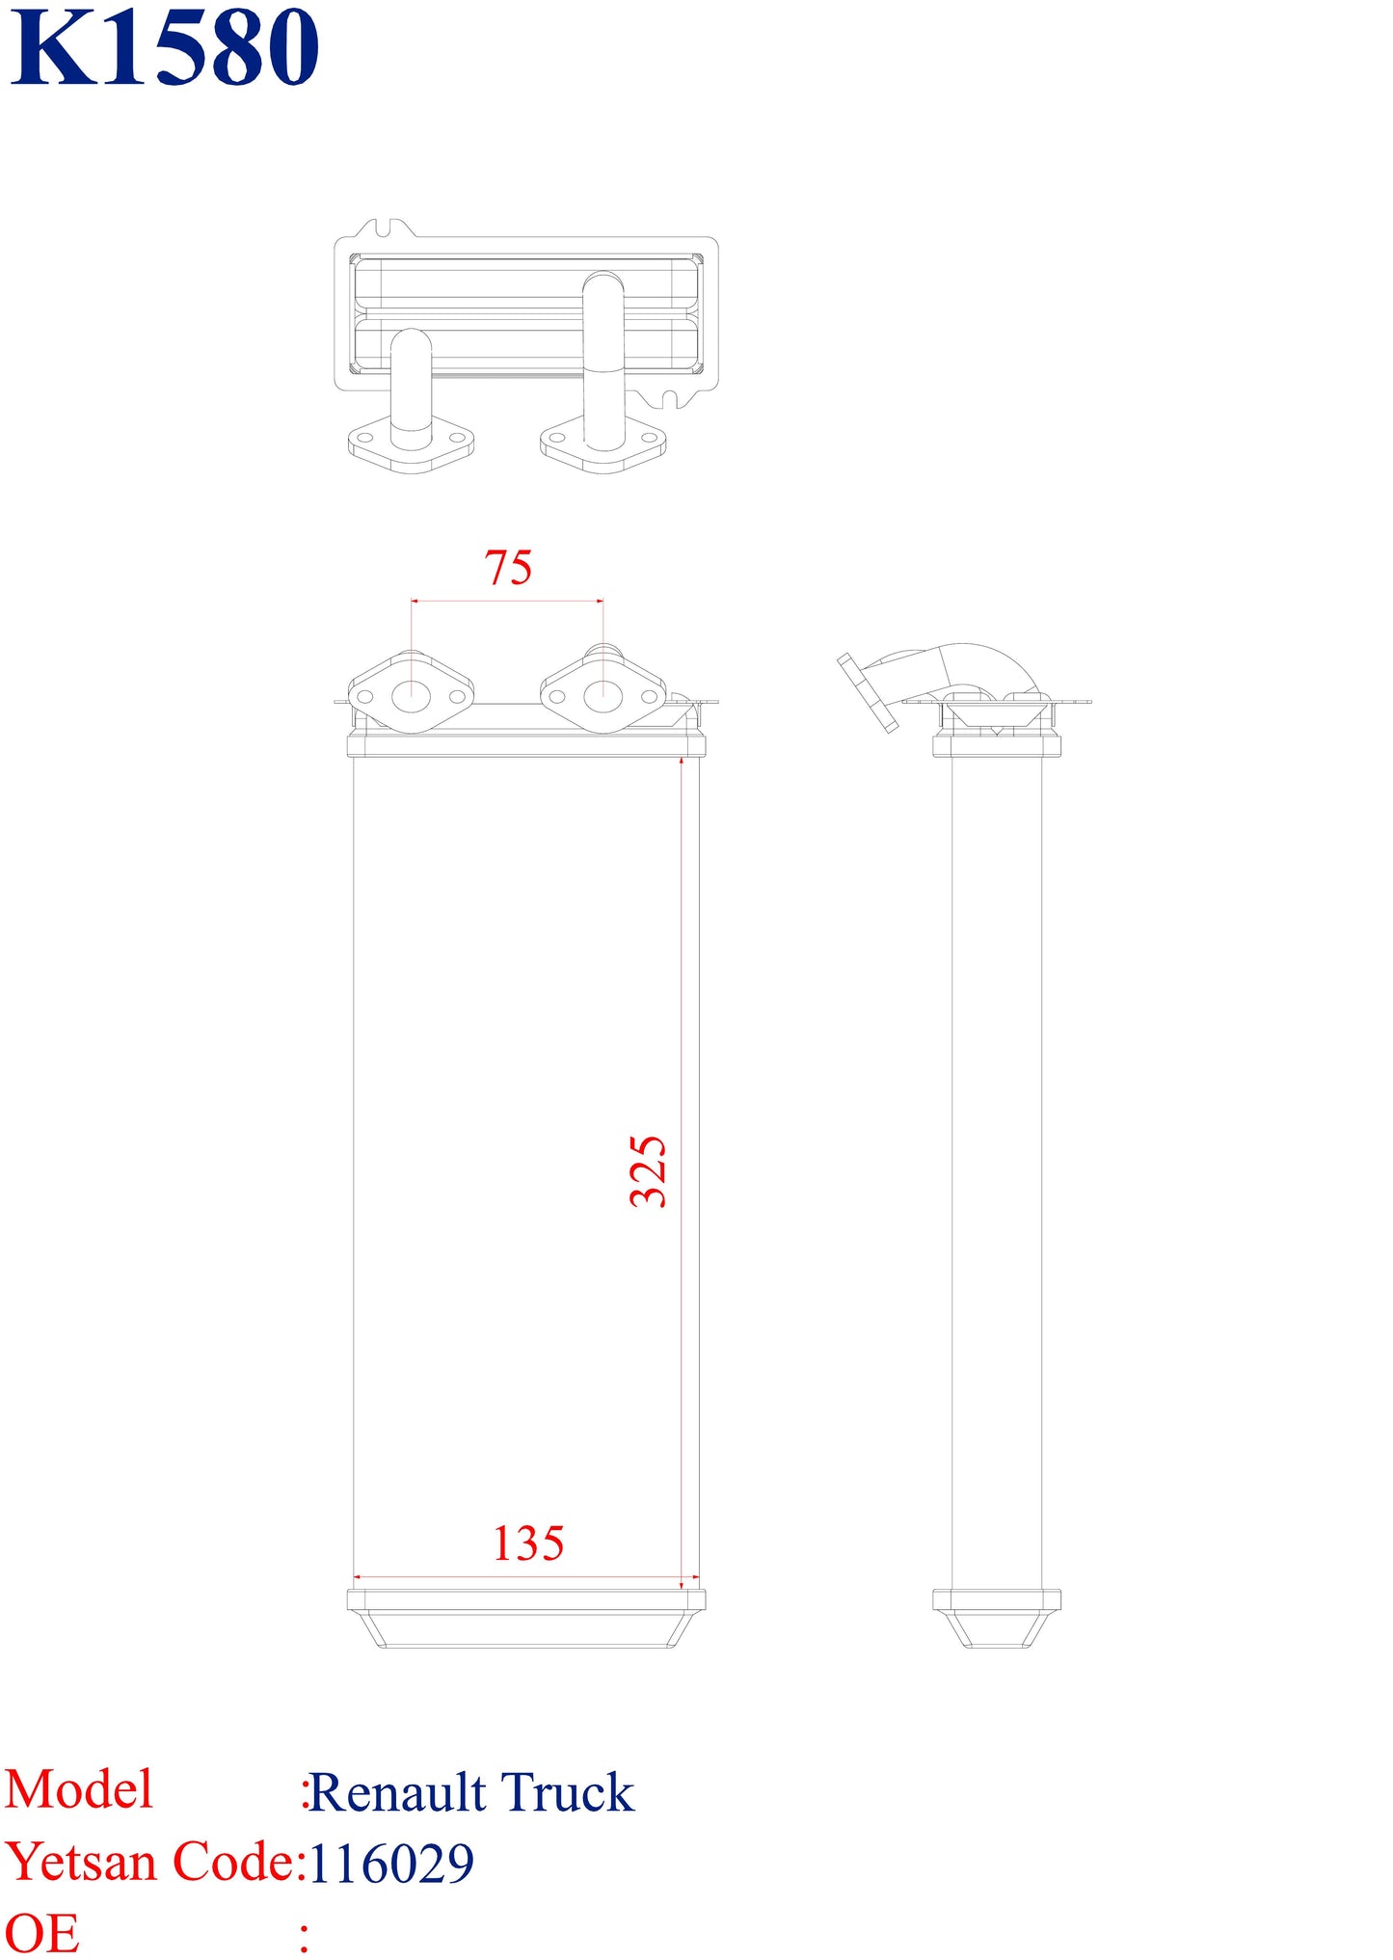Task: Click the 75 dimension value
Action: click(x=508, y=568)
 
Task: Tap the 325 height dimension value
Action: click(x=648, y=1171)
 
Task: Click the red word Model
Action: click(x=79, y=1789)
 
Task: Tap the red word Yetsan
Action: click(x=81, y=1863)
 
